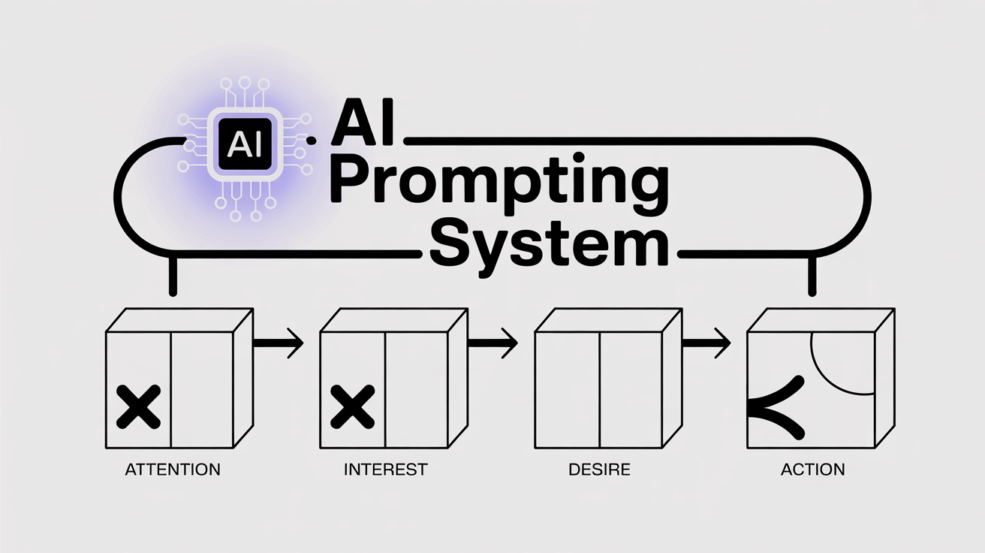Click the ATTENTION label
click(x=173, y=470)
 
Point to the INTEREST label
click(x=385, y=470)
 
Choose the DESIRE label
click(x=599, y=470)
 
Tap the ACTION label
click(x=812, y=470)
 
